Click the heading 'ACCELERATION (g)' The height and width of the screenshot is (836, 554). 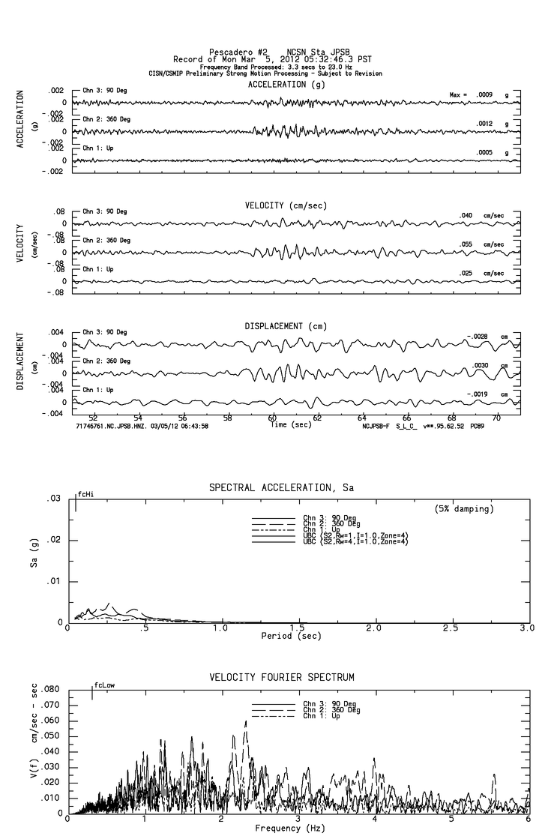point(286,85)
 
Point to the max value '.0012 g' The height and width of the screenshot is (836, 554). point(496,124)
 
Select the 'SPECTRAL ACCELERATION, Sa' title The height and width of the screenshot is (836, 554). point(281,488)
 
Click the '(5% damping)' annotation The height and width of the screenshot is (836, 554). point(464,509)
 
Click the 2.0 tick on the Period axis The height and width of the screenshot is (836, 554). point(374,628)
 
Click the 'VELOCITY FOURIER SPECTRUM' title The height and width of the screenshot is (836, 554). point(281,678)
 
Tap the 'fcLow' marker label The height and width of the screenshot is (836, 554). point(104,685)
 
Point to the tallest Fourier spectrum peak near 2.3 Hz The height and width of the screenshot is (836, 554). point(246,721)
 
